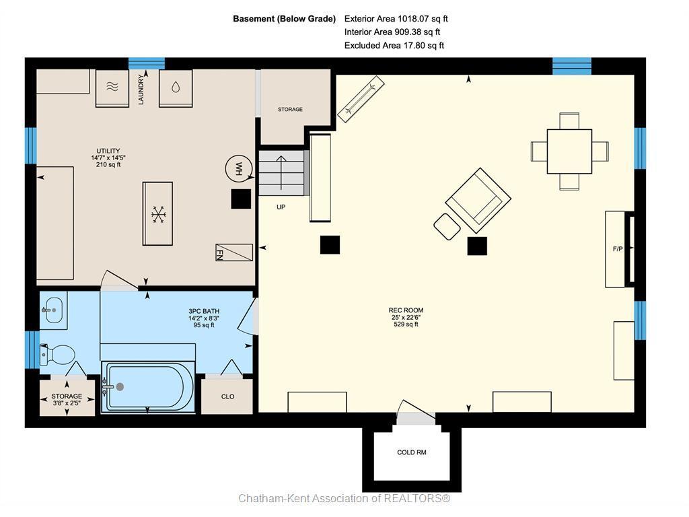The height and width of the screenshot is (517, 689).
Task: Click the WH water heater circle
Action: pos(239,168)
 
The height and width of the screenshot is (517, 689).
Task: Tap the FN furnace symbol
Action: pos(234,252)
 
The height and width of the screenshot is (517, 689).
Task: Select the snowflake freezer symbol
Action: pos(157,214)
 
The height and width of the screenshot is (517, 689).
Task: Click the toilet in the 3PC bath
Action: pos(58,354)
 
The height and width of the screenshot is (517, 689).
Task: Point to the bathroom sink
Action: pos(54,310)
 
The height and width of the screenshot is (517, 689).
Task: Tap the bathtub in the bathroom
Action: pos(148,387)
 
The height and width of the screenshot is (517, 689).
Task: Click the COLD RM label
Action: pos(412,452)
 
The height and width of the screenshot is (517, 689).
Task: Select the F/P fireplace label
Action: pos(618,249)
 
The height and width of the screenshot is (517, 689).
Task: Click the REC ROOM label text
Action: pos(406,310)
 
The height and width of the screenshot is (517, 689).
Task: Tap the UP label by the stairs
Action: pos(281,207)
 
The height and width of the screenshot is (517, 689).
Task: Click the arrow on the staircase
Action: pos(281,173)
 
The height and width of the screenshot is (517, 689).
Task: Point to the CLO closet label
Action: pos(227,397)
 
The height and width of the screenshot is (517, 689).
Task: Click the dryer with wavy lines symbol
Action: pos(112,88)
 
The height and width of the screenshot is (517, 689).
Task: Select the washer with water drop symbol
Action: pos(176,88)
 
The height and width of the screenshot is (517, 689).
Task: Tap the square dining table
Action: pos(569,151)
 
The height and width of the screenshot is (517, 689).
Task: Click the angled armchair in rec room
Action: pos(478,201)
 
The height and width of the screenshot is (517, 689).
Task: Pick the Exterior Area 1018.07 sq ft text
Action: pos(396,19)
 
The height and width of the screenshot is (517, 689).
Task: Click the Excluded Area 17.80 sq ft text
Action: pos(394,45)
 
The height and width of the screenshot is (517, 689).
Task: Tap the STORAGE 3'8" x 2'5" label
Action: pos(67,399)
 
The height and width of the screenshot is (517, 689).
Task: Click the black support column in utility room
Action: pos(242,199)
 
